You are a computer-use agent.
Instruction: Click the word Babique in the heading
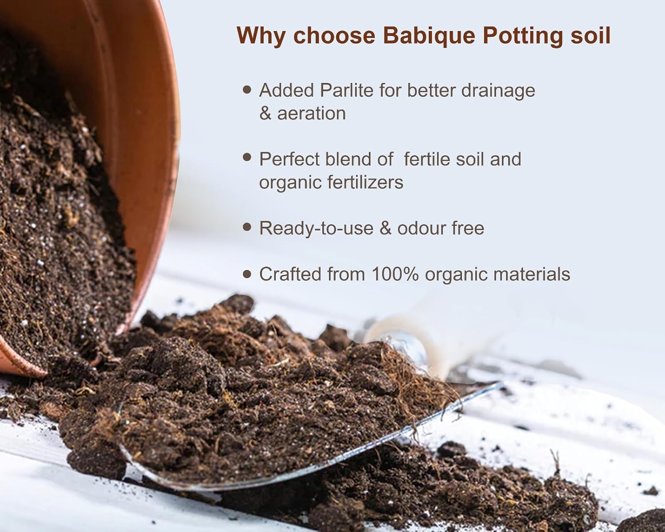pos(429,36)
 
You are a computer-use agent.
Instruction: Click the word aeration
pos(311,113)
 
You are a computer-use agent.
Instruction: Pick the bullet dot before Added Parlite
pos(247,90)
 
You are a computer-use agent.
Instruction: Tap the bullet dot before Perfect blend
pos(247,157)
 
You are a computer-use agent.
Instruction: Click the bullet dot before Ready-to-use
pos(247,227)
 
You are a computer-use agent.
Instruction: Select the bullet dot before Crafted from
pos(247,274)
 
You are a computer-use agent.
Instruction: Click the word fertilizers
pos(365,182)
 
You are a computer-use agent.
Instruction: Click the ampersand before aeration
pos(265,113)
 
